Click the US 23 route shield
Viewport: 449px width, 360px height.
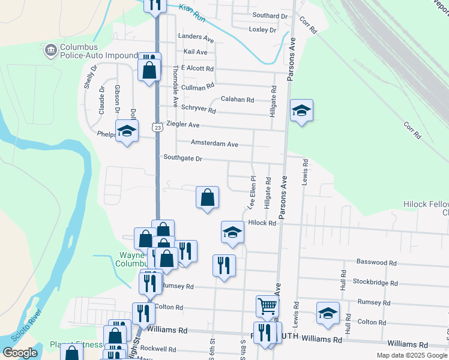point(157,128)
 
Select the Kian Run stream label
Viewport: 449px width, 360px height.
point(193,13)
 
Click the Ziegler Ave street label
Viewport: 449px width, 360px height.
point(182,124)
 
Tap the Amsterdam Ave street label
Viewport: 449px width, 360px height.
point(214,144)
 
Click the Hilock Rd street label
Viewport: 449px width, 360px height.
point(261,223)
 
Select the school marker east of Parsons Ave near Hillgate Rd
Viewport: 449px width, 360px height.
point(301,110)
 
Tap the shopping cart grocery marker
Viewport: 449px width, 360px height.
point(267,306)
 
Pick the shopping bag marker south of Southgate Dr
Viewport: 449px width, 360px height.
point(207,197)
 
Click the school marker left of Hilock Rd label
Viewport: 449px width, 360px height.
point(232,232)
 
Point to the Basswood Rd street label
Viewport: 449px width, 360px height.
point(376,262)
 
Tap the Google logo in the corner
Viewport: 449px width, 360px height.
point(20,353)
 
